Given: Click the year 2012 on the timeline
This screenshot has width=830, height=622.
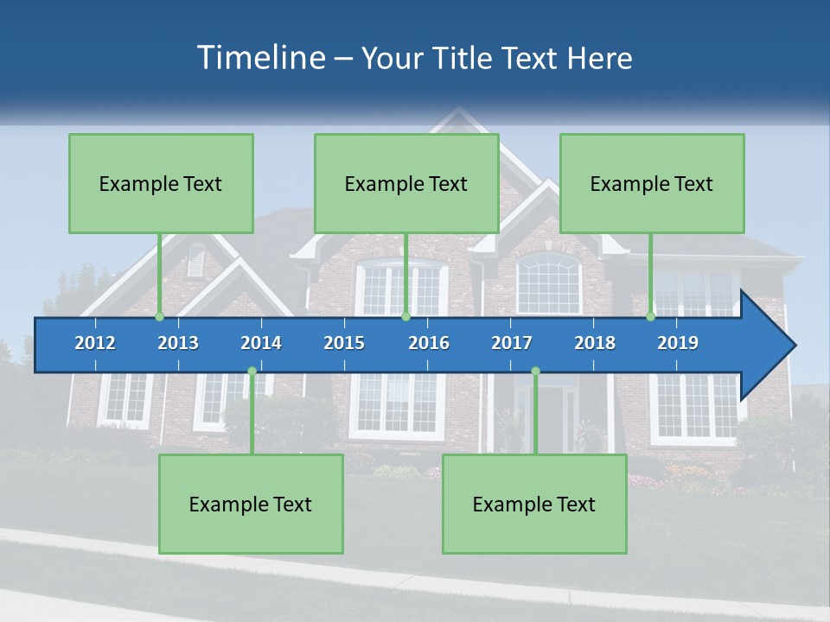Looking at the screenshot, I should point(95,343).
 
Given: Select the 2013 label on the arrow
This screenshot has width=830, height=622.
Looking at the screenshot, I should point(178,343).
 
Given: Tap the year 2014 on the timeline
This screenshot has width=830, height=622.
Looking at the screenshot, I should point(261,343).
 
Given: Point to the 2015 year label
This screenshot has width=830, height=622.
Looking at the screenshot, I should point(344,343).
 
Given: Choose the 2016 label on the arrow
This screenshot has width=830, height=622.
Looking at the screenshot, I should point(429,343).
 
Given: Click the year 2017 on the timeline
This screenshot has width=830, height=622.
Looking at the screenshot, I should point(512,343).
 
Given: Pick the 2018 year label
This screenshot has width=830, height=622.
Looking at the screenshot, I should point(595,343).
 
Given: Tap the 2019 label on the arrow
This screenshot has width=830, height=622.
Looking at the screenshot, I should point(678,343).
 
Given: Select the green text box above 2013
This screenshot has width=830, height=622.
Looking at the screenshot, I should point(161,183).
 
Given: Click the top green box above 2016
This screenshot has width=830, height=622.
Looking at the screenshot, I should point(406,183).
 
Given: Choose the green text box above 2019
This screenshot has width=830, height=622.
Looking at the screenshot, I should point(652,183).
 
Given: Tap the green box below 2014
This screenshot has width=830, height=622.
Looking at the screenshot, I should point(251,504).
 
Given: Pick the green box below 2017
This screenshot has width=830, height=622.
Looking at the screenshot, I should point(534,504).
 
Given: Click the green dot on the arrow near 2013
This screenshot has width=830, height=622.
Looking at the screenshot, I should point(159,317).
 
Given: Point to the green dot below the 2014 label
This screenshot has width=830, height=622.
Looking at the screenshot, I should point(252,371).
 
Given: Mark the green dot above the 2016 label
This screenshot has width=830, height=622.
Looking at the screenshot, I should point(405,317).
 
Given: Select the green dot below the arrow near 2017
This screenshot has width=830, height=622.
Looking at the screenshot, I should point(535,371).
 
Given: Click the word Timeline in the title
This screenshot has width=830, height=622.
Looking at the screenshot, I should point(259,57).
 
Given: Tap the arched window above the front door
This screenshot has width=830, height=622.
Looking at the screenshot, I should point(549,283).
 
